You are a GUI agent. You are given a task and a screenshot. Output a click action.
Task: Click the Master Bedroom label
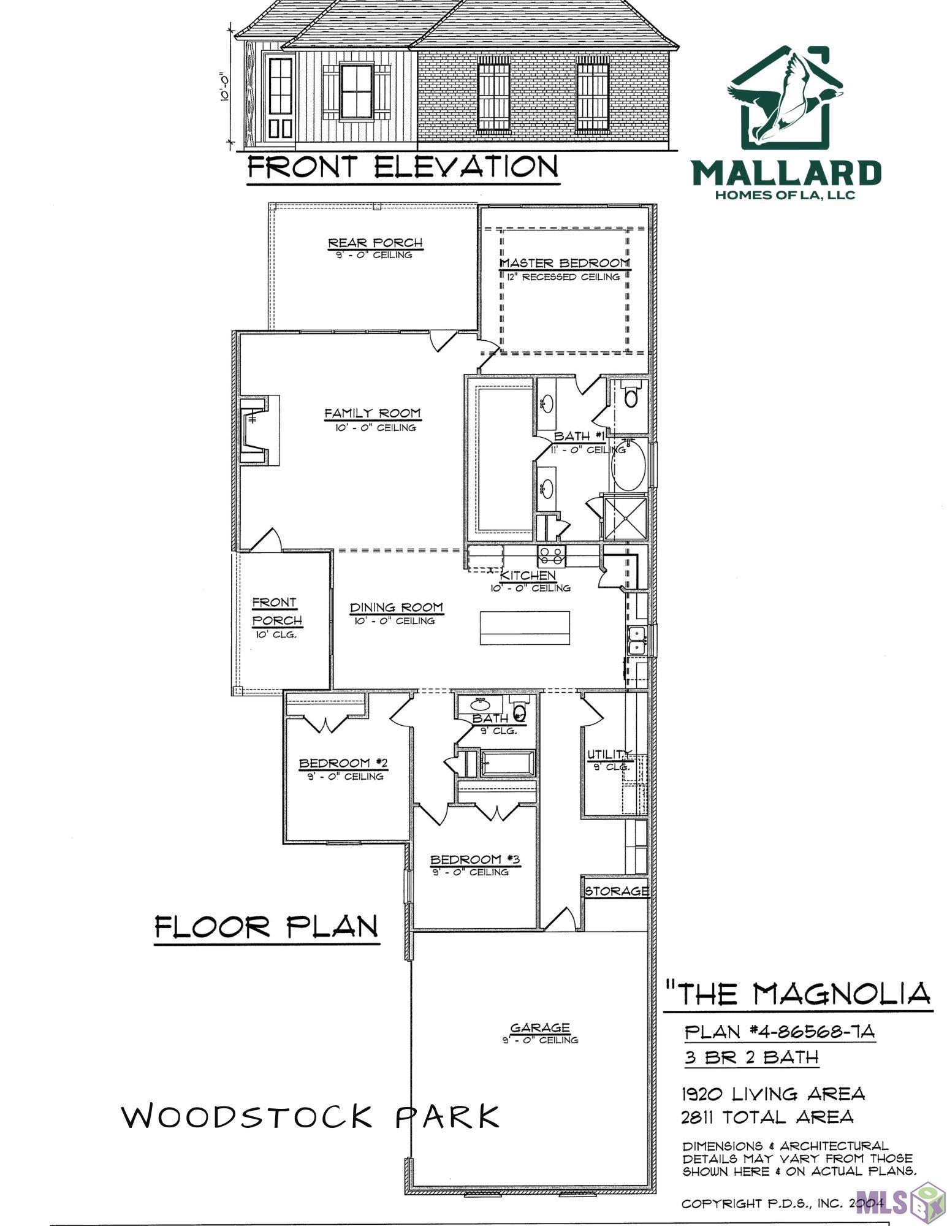coord(565,263)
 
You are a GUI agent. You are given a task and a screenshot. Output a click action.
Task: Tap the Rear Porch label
coord(375,243)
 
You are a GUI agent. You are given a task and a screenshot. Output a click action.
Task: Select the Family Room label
coord(372,413)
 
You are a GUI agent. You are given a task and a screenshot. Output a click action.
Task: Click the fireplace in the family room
coord(256,428)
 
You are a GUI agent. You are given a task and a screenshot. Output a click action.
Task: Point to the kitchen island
coord(525,628)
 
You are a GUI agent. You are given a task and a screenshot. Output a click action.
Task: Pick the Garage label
coord(539,1027)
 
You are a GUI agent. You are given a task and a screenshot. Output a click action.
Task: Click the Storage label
coord(616,891)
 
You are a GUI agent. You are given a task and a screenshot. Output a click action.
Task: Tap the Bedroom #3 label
coord(474,859)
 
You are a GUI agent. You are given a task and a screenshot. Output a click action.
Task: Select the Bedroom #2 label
coord(343,763)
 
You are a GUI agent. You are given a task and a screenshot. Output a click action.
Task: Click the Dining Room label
coord(396,607)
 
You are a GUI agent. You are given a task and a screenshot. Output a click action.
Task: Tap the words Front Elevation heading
coord(403,167)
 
